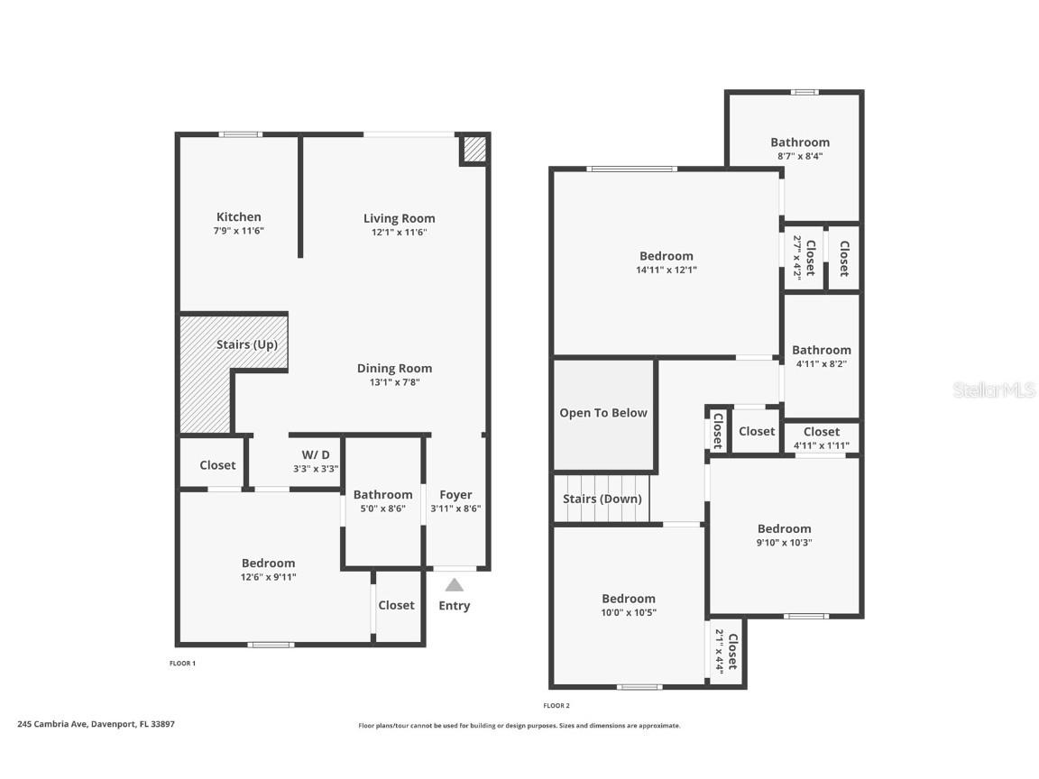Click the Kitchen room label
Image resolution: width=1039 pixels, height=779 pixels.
pyautogui.click(x=239, y=217)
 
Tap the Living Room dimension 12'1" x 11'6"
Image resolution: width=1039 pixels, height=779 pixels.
pyautogui.click(x=399, y=232)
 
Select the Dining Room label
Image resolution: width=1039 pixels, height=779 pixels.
pyautogui.click(x=394, y=368)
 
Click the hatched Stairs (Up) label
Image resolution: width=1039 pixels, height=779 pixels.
pyautogui.click(x=246, y=344)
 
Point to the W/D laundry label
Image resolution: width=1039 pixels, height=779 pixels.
pyautogui.click(x=315, y=454)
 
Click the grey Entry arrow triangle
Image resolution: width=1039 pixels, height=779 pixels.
pyautogui.click(x=455, y=585)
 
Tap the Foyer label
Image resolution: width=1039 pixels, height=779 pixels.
pyautogui.click(x=455, y=495)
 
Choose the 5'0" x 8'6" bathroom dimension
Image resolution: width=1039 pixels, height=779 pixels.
pyautogui.click(x=382, y=509)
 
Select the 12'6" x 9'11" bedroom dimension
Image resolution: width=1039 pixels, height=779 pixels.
pyautogui.click(x=268, y=577)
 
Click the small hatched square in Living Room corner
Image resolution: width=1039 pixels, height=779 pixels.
pyautogui.click(x=474, y=150)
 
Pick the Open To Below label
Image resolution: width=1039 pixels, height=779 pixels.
pyautogui.click(x=603, y=413)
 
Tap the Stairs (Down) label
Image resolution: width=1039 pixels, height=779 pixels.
pyautogui.click(x=602, y=499)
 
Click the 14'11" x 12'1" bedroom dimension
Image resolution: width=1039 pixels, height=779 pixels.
pyautogui.click(x=667, y=270)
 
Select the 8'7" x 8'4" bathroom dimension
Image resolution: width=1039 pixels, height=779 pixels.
pyautogui.click(x=799, y=156)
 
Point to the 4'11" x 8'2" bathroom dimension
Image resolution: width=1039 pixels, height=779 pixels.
pyautogui.click(x=821, y=364)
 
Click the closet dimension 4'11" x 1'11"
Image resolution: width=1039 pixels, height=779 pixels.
pyautogui.click(x=821, y=445)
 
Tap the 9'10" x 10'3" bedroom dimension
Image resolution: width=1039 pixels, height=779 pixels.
pyautogui.click(x=784, y=543)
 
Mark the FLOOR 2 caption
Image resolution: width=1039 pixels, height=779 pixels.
pyautogui.click(x=556, y=706)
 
